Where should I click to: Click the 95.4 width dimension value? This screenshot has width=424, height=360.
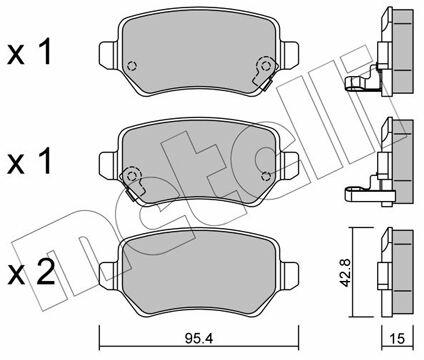199,339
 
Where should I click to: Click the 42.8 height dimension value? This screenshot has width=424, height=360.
346,272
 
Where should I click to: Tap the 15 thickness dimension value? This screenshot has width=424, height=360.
397,339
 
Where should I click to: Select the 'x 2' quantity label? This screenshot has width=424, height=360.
31,273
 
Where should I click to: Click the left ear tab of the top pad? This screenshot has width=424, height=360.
109,54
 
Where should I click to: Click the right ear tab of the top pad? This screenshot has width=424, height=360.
289,55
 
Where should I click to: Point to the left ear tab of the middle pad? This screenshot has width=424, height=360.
109,164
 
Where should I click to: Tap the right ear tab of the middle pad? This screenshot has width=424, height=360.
289,164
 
